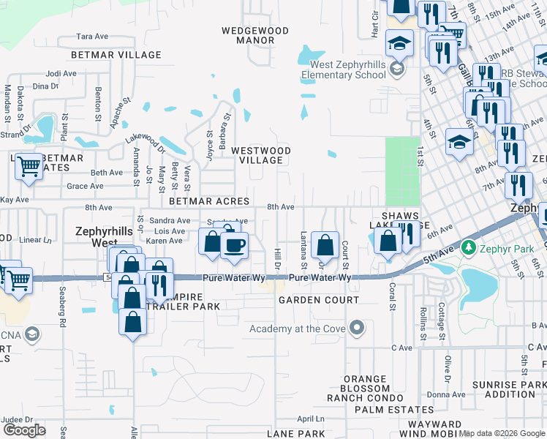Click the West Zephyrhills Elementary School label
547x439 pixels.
tap(343, 70)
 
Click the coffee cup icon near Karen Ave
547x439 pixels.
tap(234, 246)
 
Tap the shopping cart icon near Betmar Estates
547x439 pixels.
tap(29, 166)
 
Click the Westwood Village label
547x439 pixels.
tap(261, 155)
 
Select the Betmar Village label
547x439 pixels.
tap(116, 55)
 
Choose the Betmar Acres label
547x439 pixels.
tap(209, 200)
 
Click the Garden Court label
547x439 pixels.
tap(318, 300)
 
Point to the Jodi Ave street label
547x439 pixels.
tap(61, 73)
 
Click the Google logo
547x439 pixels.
tap(24, 430)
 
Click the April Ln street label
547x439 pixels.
tap(311, 419)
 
